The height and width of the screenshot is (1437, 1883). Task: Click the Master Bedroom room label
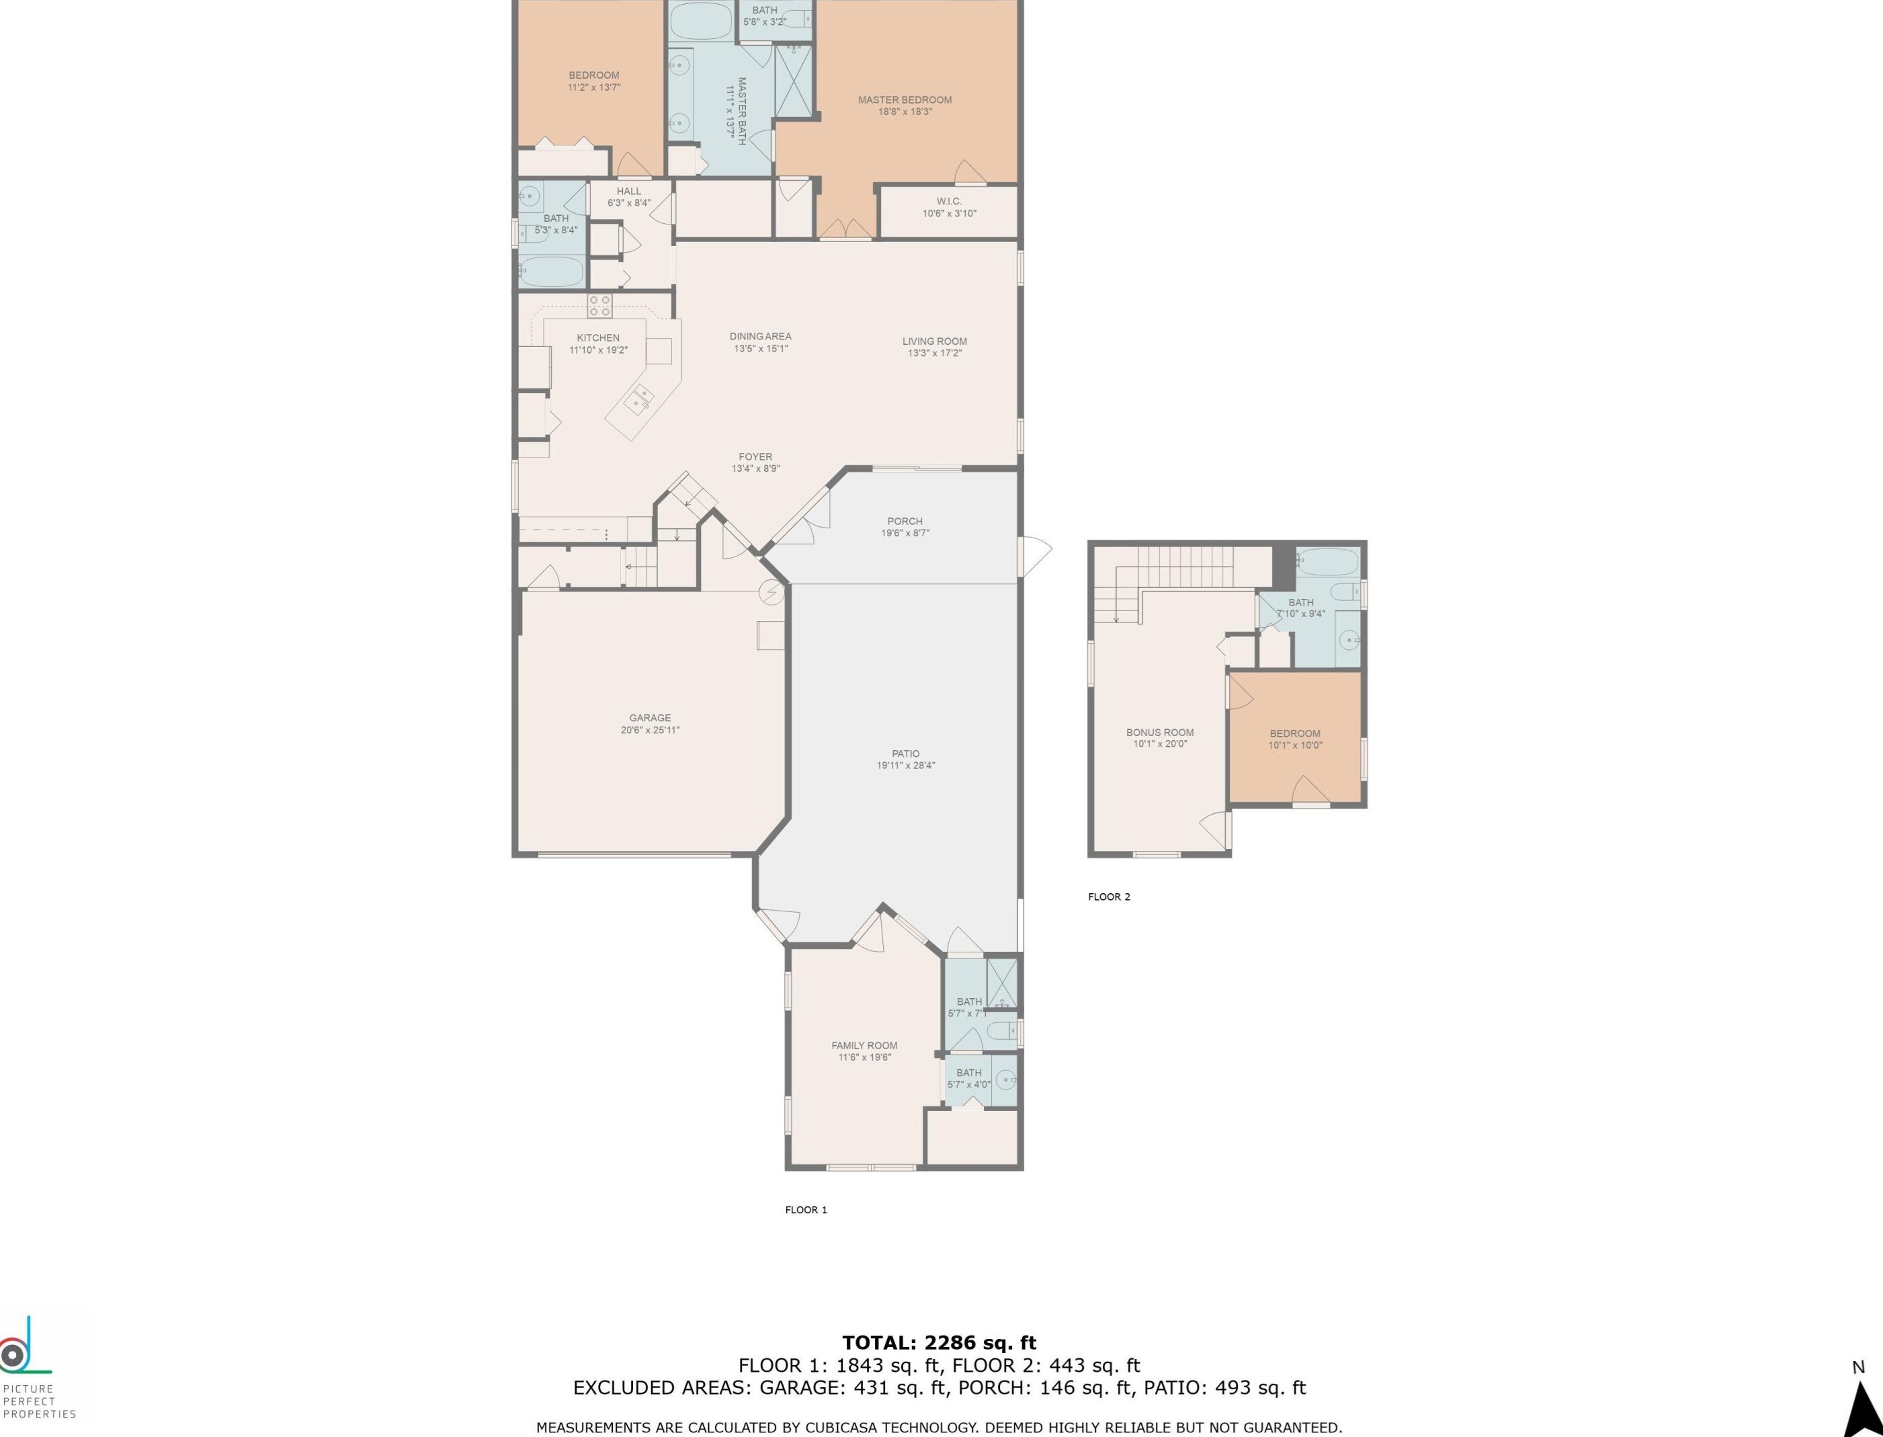click(x=905, y=100)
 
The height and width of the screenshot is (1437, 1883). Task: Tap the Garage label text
click(x=650, y=718)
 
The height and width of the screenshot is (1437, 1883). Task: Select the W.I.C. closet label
click(x=949, y=202)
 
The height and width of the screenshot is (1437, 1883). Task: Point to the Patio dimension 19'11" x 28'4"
click(x=906, y=766)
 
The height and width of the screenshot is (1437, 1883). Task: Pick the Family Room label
click(x=864, y=1045)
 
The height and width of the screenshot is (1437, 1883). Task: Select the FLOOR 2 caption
click(x=1109, y=897)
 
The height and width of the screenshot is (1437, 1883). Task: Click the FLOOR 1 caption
click(x=806, y=1209)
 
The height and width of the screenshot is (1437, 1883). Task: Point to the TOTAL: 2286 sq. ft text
click(x=939, y=1343)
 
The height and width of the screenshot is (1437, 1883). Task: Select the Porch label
click(x=905, y=521)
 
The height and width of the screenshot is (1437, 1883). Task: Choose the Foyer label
click(x=755, y=457)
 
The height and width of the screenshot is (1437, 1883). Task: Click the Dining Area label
click(x=760, y=336)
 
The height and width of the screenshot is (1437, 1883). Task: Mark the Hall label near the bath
click(x=628, y=192)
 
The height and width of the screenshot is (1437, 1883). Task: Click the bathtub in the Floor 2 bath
click(x=1327, y=562)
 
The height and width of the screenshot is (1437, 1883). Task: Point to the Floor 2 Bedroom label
click(x=1295, y=733)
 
